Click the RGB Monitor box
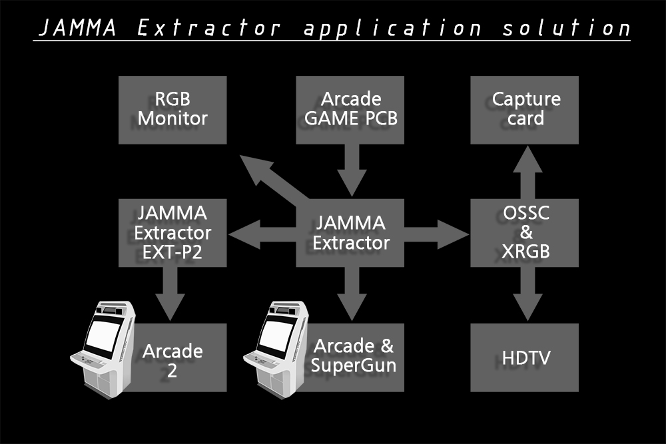[x=172, y=110]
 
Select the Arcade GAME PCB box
[x=350, y=110]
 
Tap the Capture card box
[x=525, y=110]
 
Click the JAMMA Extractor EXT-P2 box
[x=172, y=232]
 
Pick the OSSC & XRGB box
[x=525, y=232]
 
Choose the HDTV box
[x=525, y=357]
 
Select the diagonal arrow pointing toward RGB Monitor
[x=266, y=176]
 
